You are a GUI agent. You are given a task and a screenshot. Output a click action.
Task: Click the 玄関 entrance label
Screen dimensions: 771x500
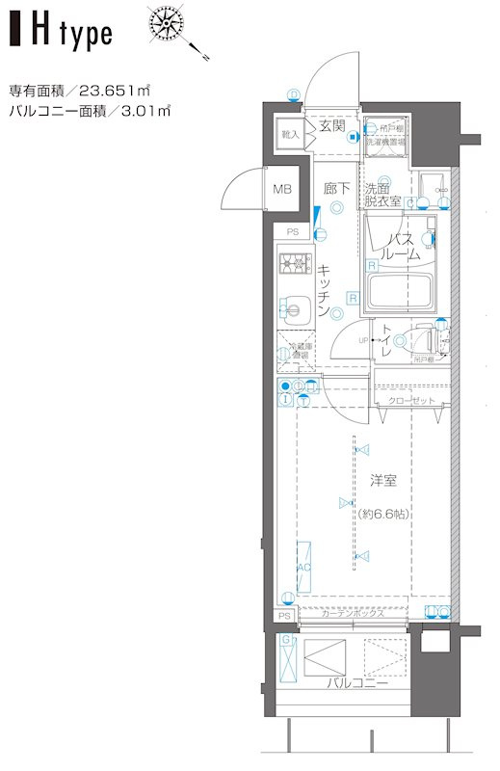pyautogui.click(x=332, y=125)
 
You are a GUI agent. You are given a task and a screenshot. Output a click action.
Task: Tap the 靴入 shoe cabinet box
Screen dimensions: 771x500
pyautogui.click(x=289, y=134)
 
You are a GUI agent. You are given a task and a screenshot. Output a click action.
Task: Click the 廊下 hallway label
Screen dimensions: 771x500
pyautogui.click(x=335, y=189)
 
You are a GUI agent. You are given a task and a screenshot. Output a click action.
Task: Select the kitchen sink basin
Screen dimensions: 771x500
pyautogui.click(x=293, y=308)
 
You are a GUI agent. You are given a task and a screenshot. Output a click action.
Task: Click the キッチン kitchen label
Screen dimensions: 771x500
pyautogui.click(x=326, y=290)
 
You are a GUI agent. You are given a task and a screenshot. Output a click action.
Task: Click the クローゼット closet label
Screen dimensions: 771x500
pyautogui.click(x=412, y=400)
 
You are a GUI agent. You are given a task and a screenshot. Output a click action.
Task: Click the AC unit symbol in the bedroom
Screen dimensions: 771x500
pyautogui.click(x=303, y=568)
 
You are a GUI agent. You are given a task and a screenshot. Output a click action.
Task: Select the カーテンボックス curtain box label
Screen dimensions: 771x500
pyautogui.click(x=354, y=613)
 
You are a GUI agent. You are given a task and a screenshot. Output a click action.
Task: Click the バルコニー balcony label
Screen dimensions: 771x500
pyautogui.click(x=355, y=683)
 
